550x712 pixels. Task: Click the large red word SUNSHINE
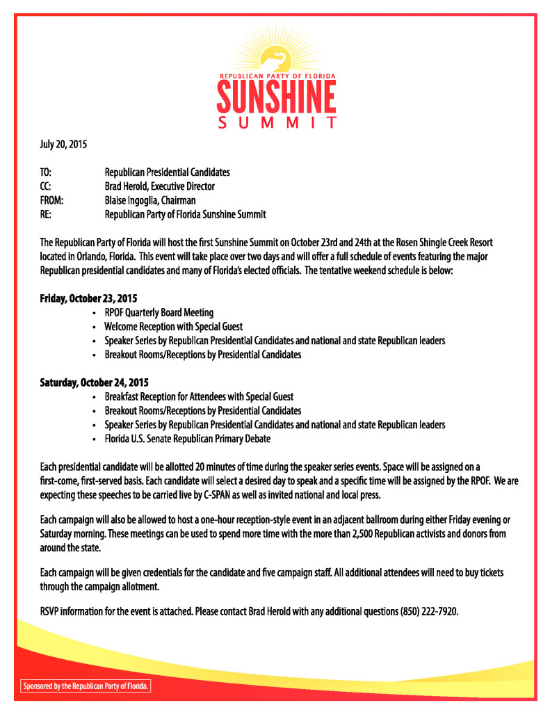pos(276,98)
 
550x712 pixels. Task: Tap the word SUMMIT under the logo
pos(276,124)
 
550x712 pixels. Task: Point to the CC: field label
pos(47,186)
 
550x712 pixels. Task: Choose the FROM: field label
pos(52,200)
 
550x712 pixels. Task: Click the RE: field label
pos(46,214)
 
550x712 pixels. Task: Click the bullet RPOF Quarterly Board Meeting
pos(159,313)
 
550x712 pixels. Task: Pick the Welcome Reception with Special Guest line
pos(173,327)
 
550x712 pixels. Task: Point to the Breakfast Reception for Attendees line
pos(199,397)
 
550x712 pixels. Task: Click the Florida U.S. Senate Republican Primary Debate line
pos(187,439)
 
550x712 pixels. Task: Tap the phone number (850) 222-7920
pos(429,612)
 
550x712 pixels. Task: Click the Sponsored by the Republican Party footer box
pos(86,686)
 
